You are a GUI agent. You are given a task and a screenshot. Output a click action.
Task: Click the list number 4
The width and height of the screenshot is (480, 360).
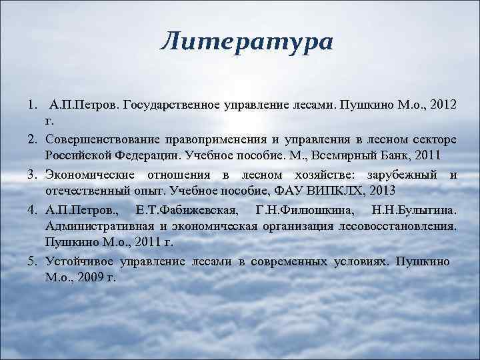[31, 211]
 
